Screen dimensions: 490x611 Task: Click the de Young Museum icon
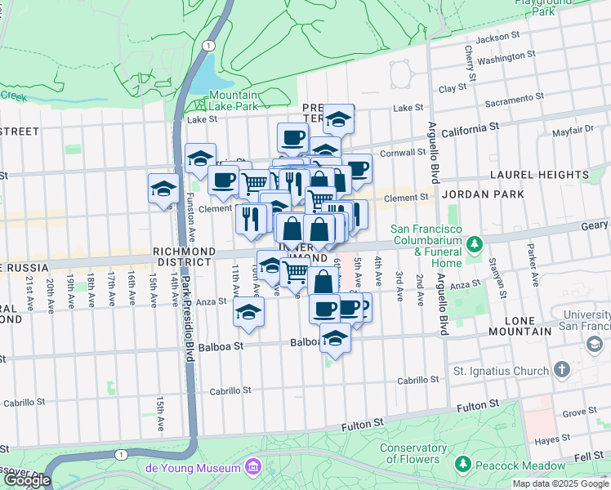point(253,467)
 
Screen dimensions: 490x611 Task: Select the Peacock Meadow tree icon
point(462,464)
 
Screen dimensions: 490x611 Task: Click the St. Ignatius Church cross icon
point(561,370)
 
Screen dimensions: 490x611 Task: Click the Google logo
point(27,480)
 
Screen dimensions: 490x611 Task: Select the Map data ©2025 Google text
point(560,483)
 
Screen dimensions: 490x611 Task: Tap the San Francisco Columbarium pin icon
point(474,244)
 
